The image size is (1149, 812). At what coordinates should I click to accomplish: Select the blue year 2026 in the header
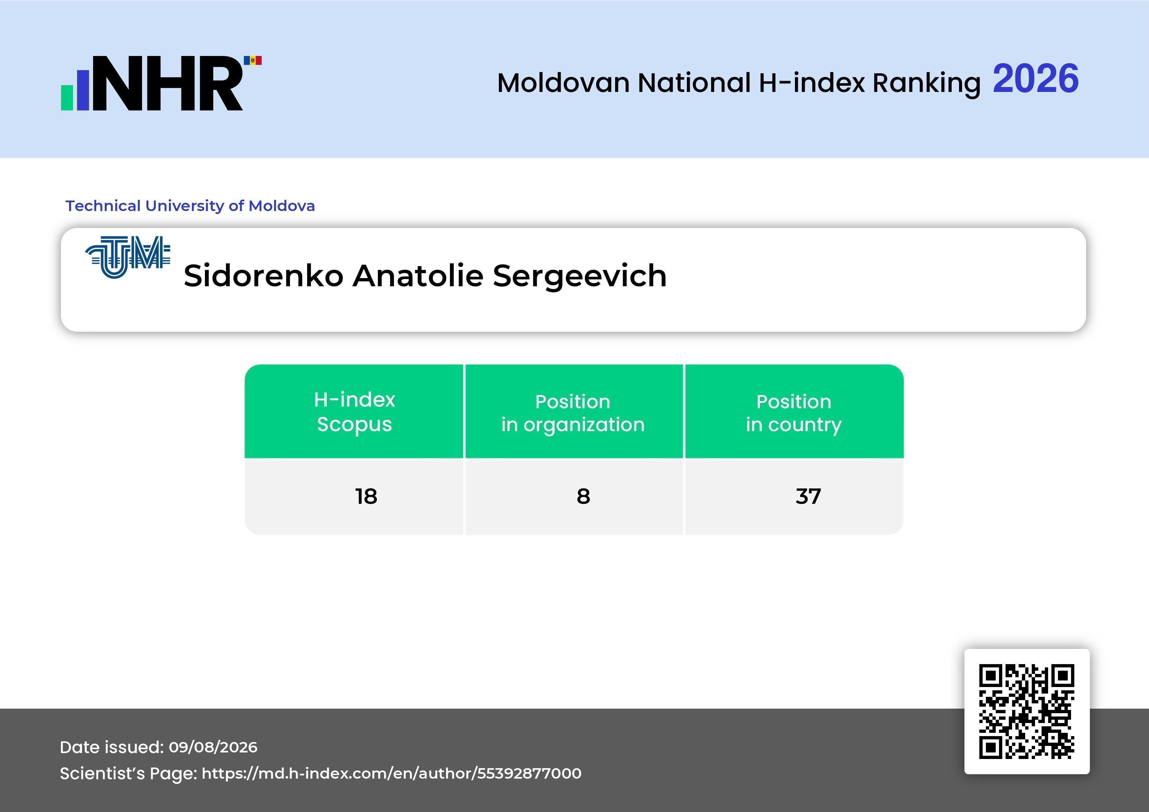1035,79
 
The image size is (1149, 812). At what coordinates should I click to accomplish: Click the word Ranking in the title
926,83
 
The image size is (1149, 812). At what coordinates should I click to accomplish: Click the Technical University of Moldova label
190,206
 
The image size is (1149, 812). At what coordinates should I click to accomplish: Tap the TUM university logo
128,257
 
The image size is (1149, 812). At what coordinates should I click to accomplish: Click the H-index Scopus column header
354,412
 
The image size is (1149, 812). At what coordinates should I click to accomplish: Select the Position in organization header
573,413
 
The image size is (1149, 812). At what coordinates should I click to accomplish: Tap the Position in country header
794,413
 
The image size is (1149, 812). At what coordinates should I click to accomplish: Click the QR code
1027,712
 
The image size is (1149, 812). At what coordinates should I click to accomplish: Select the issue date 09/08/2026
213,747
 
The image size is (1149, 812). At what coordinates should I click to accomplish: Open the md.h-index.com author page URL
391,773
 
